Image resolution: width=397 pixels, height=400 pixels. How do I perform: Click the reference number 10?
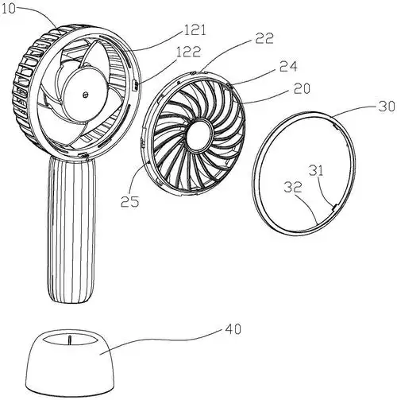pos(8,9)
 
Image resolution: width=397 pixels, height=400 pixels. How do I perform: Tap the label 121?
pos(195,30)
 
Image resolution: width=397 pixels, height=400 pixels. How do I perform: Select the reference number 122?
pos(189,52)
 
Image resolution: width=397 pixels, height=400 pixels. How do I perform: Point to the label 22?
pos(264,38)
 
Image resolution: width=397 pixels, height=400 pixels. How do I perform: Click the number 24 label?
pos(288,66)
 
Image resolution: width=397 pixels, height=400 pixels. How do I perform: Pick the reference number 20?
pos(302,88)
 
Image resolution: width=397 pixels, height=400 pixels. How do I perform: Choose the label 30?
pos(387,106)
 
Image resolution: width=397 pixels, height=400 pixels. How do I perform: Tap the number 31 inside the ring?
pos(317,170)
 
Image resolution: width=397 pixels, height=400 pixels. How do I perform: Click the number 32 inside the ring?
pos(293,187)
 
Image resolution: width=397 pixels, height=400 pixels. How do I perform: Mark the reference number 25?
pos(129,201)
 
